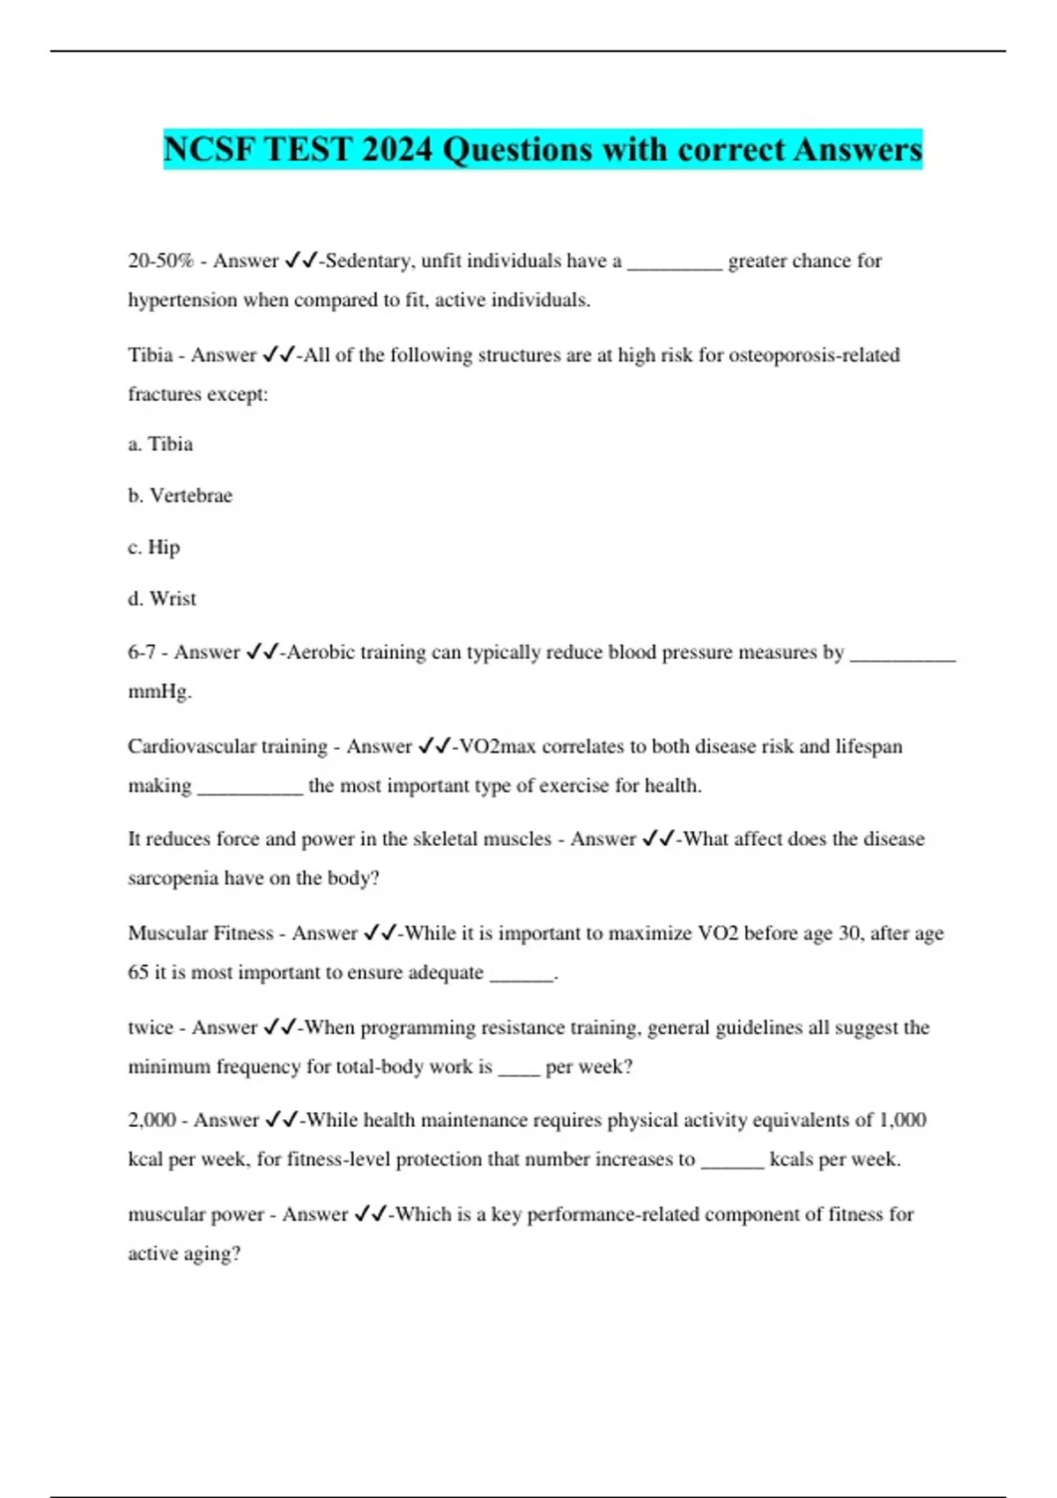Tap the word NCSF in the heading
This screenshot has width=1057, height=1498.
[209, 149]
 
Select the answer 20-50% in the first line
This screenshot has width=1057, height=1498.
[160, 261]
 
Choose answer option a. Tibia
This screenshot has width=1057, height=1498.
[160, 444]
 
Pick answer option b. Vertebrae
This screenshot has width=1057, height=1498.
[180, 495]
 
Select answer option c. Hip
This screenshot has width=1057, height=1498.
[154, 547]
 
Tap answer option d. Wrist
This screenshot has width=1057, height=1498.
[162, 598]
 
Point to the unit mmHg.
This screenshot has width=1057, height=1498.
[159, 692]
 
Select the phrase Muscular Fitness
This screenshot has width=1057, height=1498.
[200, 933]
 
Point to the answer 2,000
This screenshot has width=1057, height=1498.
[152, 1120]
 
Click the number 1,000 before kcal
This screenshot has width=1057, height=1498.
[903, 1120]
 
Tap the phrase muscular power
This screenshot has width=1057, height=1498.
[196, 1214]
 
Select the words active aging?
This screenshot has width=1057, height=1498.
[184, 1254]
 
